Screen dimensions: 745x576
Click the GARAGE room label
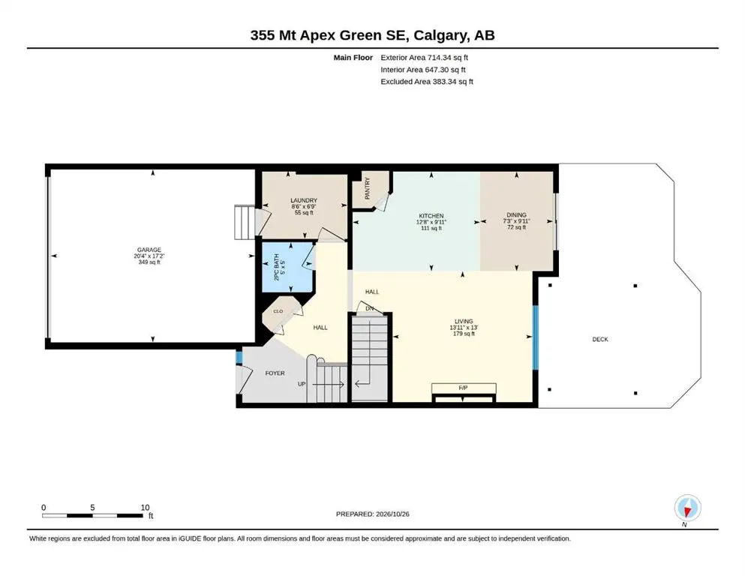149,250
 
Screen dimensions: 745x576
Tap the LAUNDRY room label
304,200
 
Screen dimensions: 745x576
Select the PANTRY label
368,188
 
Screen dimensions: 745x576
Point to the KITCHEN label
431,216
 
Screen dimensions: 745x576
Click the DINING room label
516,215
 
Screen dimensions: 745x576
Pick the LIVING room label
464,322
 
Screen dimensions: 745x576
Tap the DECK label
600,339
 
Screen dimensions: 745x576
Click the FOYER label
275,373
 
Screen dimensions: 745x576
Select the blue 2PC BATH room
288,267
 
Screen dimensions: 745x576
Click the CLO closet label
278,311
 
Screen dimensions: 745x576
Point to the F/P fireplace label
463,388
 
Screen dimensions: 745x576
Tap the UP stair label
302,384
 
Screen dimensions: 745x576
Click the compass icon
687,508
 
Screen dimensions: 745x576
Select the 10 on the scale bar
145,507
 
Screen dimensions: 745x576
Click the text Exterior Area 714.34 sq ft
425,58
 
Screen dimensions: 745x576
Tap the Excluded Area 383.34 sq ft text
427,81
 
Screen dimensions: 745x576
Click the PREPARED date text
372,514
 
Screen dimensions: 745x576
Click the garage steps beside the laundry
245,222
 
